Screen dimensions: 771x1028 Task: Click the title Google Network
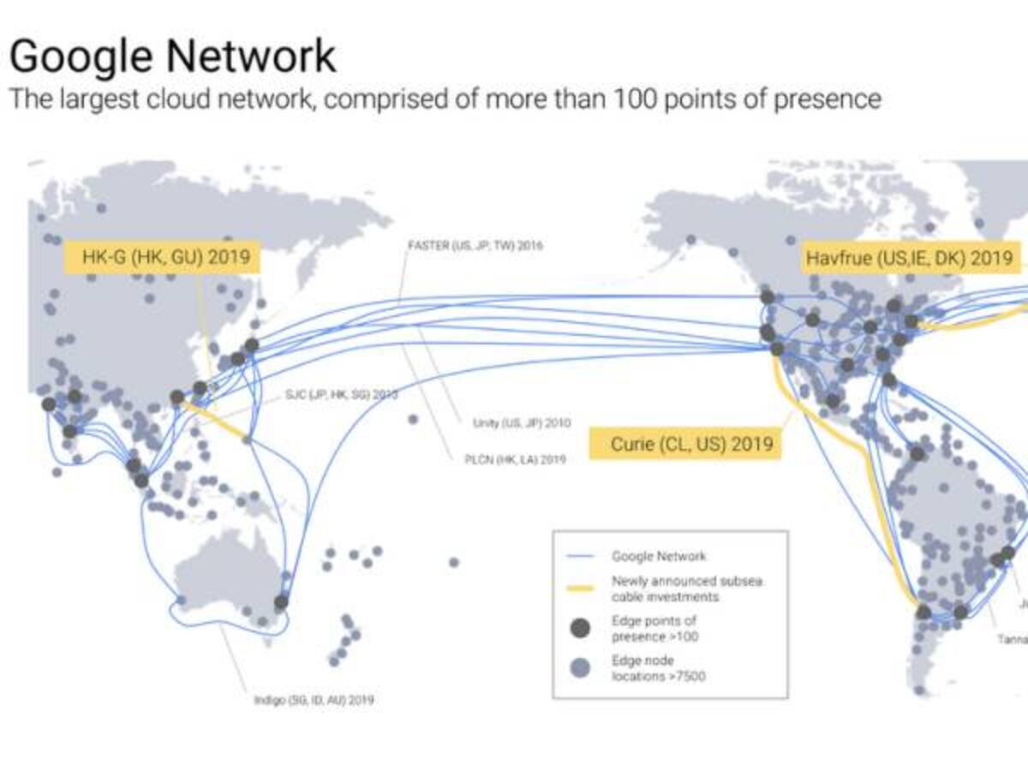click(172, 56)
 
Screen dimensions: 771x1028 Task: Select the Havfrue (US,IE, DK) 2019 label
click(908, 257)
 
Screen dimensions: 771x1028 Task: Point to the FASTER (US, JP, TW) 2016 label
click(475, 246)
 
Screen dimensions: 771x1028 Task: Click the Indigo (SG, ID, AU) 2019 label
click(314, 699)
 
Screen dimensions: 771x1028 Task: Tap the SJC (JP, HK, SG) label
click(341, 395)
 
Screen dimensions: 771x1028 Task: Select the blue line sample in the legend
click(582, 557)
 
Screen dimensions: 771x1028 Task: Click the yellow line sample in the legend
click(582, 589)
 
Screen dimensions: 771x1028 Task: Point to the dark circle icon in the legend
click(581, 629)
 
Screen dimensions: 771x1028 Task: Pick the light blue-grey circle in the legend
click(581, 668)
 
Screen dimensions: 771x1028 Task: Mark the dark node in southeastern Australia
click(281, 602)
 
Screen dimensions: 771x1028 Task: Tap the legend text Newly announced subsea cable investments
click(685, 589)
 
